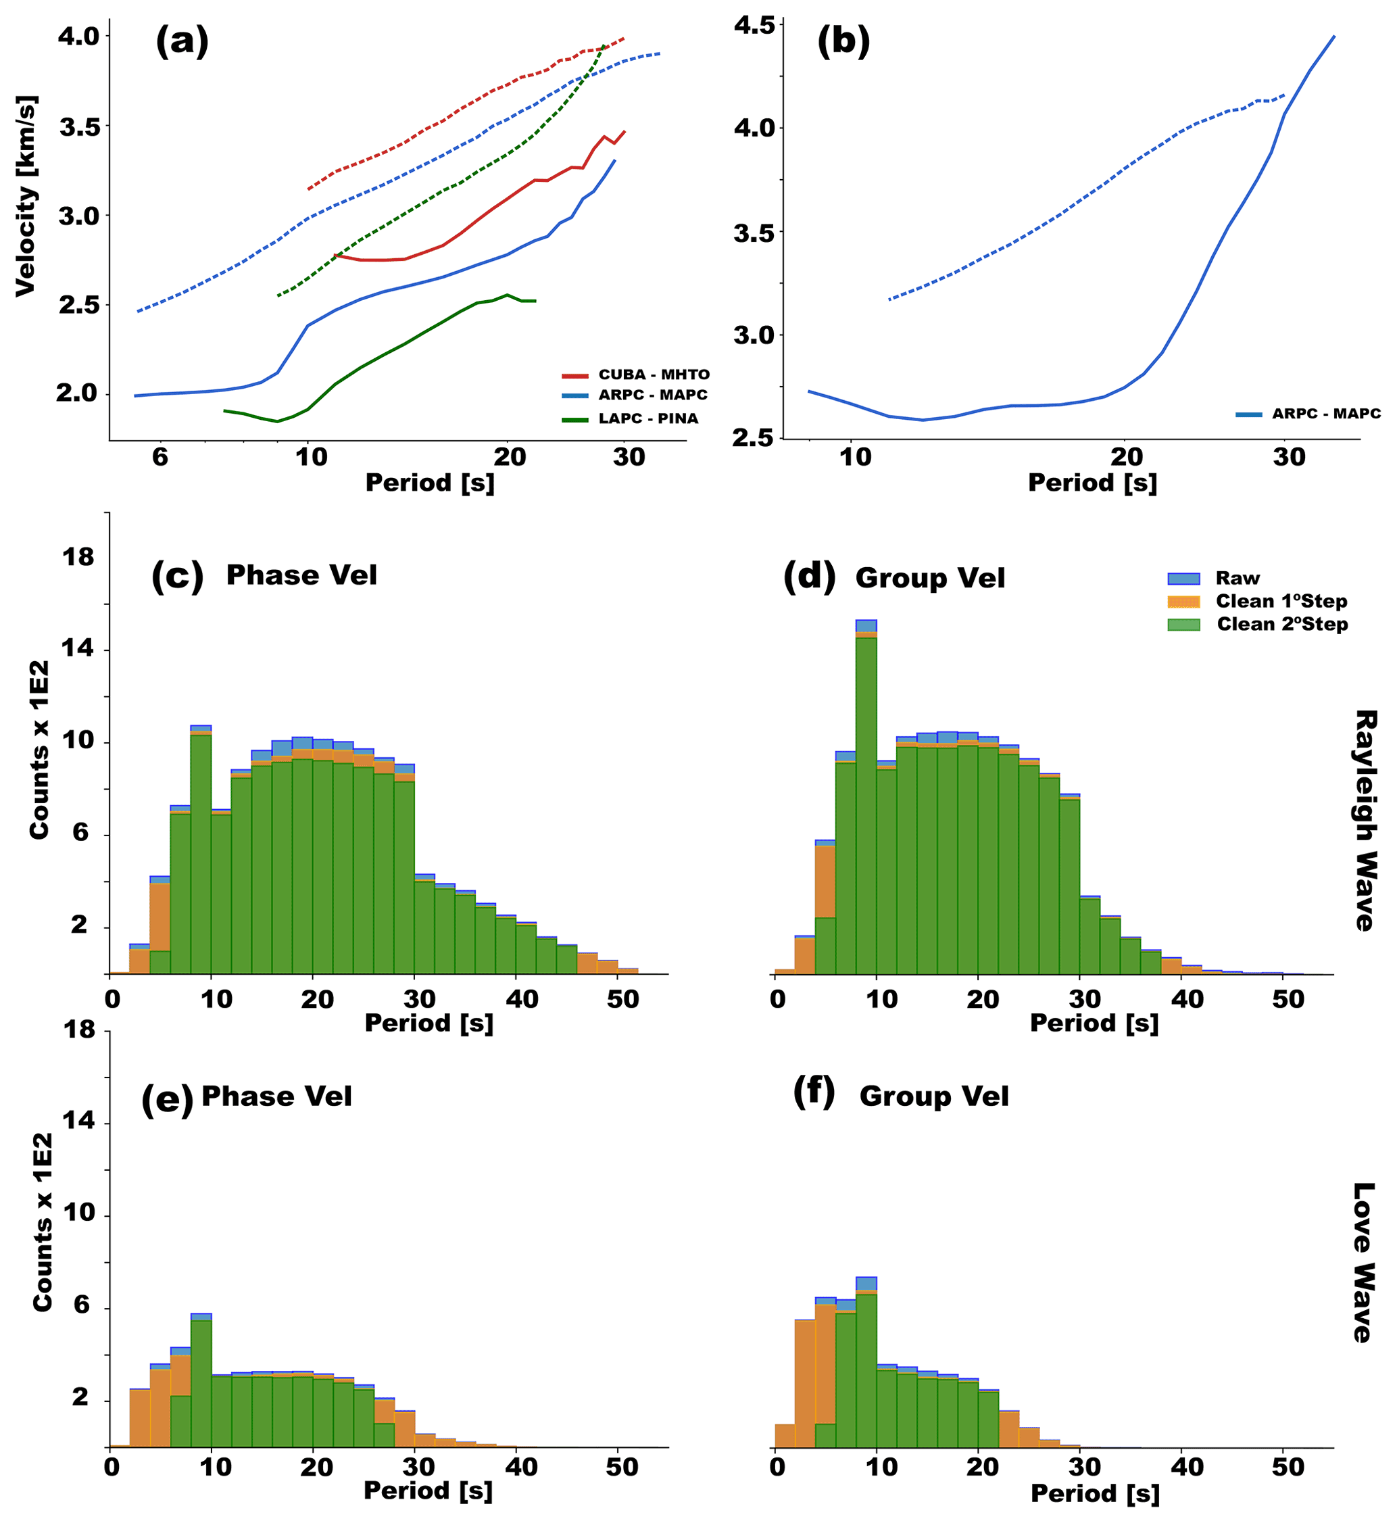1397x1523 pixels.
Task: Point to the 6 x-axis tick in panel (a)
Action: [160, 458]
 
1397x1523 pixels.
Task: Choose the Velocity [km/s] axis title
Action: [26, 196]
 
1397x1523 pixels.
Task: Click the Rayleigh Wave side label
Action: [1364, 821]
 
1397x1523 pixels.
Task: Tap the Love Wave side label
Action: [1364, 1263]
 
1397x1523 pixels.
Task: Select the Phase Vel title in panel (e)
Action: [276, 1096]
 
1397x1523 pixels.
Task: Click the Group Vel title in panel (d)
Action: [930, 579]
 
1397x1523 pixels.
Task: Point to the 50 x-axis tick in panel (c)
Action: [622, 1000]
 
